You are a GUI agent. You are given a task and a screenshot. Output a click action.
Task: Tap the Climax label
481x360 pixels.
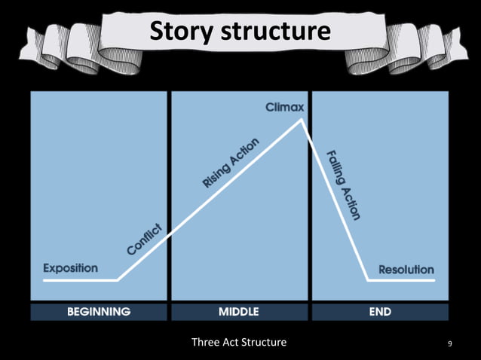[284, 108]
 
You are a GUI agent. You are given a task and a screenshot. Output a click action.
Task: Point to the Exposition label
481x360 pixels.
[70, 268]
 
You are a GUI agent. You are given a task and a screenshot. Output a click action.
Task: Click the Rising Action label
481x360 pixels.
[231, 163]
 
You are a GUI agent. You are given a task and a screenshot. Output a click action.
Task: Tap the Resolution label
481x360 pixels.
[406, 269]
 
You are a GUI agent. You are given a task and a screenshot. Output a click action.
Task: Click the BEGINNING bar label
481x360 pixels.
[99, 311]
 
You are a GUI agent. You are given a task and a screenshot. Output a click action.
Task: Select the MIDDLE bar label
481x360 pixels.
[239, 311]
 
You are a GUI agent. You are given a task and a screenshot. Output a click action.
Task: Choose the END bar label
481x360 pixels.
[380, 311]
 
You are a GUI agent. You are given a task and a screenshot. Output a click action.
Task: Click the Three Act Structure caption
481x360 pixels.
[239, 343]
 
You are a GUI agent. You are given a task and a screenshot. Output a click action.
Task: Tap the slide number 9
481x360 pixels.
[450, 344]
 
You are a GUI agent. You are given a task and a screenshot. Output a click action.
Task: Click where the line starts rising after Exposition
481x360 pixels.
[118, 280]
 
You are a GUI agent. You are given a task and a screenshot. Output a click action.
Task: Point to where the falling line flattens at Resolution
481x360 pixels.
[367, 280]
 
